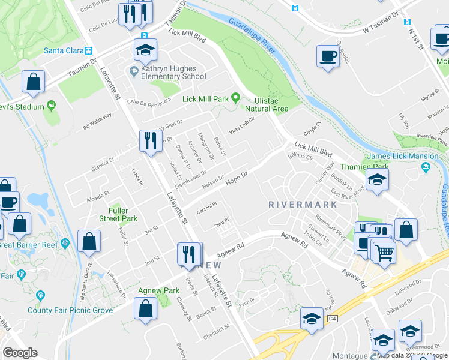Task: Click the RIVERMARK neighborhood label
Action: pos(301,204)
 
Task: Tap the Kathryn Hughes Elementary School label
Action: pos(173,72)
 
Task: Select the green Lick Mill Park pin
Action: pos(236,98)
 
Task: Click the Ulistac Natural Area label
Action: pos(266,104)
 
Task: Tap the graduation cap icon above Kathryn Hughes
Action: pos(145,51)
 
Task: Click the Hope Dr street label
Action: pos(237,177)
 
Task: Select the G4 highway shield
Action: pos(332,319)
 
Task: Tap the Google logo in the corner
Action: pos(20,353)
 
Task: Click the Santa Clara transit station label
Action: pos(62,51)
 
